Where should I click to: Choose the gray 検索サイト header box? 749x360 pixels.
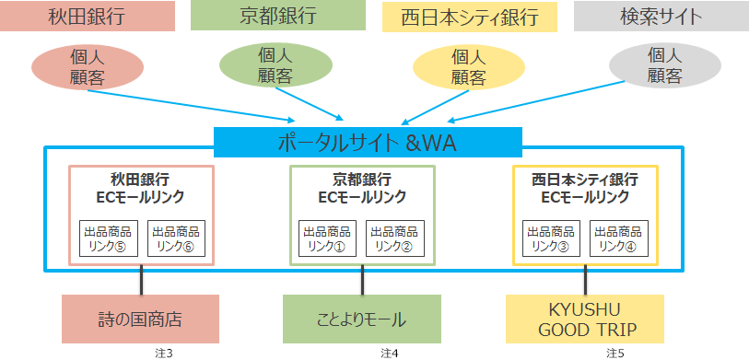[x=661, y=17]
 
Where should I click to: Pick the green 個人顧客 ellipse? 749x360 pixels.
[x=275, y=64]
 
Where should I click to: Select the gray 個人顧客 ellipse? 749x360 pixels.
[x=665, y=66]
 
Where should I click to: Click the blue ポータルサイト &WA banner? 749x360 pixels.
[x=369, y=143]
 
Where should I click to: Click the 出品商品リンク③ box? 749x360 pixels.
[x=551, y=238]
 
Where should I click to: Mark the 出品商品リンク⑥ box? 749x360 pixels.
[x=175, y=238]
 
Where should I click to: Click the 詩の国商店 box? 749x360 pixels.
[x=140, y=319]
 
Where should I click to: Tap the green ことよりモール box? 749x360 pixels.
[x=361, y=319]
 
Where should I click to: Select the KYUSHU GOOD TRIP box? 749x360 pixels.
[x=584, y=319]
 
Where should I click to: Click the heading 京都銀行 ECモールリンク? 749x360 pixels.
[x=361, y=188]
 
